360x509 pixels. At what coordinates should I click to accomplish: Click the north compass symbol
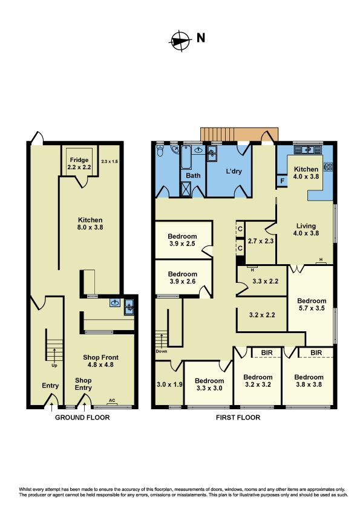180,41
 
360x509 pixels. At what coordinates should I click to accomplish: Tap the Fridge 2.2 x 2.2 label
79,164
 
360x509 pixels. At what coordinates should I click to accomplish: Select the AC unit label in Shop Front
112,400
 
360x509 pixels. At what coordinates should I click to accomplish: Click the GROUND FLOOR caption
82,418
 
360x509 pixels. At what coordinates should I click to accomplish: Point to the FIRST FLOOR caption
238,418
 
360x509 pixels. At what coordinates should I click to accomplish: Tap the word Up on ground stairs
54,365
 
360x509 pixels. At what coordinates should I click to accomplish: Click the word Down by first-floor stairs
162,351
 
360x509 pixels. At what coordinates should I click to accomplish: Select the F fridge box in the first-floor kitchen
282,181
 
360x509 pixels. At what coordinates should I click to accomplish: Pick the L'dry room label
234,171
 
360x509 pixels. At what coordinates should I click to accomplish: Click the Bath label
193,175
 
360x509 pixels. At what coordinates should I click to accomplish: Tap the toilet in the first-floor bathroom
160,151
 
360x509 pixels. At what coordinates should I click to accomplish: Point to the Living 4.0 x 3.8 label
306,229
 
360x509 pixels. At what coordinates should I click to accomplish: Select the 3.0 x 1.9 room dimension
169,384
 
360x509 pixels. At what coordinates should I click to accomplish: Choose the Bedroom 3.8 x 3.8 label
309,380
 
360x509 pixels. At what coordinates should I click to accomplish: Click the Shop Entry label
83,384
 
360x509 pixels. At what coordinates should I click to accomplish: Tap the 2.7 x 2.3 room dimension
261,241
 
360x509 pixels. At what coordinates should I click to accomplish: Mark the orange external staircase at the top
239,134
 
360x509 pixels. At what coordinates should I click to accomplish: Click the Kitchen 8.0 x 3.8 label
90,223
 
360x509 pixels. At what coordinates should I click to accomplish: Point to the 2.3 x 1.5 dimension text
110,161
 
